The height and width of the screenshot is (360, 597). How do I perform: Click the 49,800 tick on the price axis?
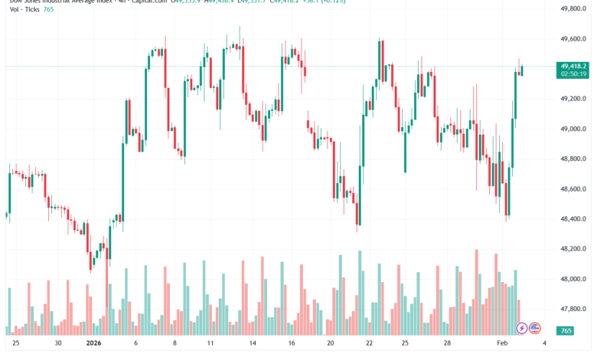575,8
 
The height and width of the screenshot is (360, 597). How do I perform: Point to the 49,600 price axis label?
575,38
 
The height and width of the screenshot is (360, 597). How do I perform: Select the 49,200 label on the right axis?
575,99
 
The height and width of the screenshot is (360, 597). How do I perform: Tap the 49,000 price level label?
575,129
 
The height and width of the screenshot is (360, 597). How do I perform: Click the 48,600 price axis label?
575,189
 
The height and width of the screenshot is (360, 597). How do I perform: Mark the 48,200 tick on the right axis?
575,249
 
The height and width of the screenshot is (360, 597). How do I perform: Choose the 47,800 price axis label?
575,309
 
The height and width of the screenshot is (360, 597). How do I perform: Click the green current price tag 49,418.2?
574,67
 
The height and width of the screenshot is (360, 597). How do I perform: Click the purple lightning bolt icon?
522,328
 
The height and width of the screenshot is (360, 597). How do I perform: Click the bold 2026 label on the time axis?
94,345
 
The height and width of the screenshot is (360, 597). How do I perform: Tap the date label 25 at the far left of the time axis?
16,345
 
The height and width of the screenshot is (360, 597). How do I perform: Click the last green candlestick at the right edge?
522,70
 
